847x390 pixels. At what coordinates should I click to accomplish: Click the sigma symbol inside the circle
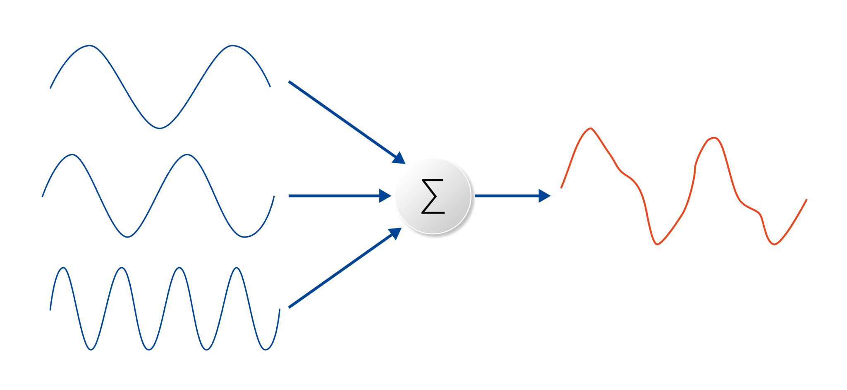(x=433, y=196)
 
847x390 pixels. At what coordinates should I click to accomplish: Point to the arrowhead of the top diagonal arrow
(x=399, y=158)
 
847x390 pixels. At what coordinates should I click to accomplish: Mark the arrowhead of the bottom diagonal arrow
(x=396, y=233)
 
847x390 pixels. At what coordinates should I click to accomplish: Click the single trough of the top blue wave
(x=160, y=128)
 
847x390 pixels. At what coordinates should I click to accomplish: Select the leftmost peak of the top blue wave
(x=89, y=46)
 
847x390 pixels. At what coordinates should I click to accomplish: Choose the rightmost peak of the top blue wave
(x=232, y=46)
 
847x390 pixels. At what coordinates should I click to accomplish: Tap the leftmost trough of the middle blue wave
(x=128, y=237)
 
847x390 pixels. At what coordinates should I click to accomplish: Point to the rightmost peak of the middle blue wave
(x=187, y=155)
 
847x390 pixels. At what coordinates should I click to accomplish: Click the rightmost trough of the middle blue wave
(x=245, y=237)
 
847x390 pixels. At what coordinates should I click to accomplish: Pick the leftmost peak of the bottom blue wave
(x=63, y=268)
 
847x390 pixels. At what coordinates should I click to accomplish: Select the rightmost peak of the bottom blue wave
(x=236, y=268)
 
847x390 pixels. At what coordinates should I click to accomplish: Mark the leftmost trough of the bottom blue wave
(x=91, y=350)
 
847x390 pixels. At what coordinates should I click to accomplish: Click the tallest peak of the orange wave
(x=591, y=128)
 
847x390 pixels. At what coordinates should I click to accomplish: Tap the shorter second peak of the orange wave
(x=713, y=138)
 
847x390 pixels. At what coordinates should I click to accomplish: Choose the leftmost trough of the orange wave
(x=657, y=245)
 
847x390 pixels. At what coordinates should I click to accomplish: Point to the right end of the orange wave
(x=806, y=200)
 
